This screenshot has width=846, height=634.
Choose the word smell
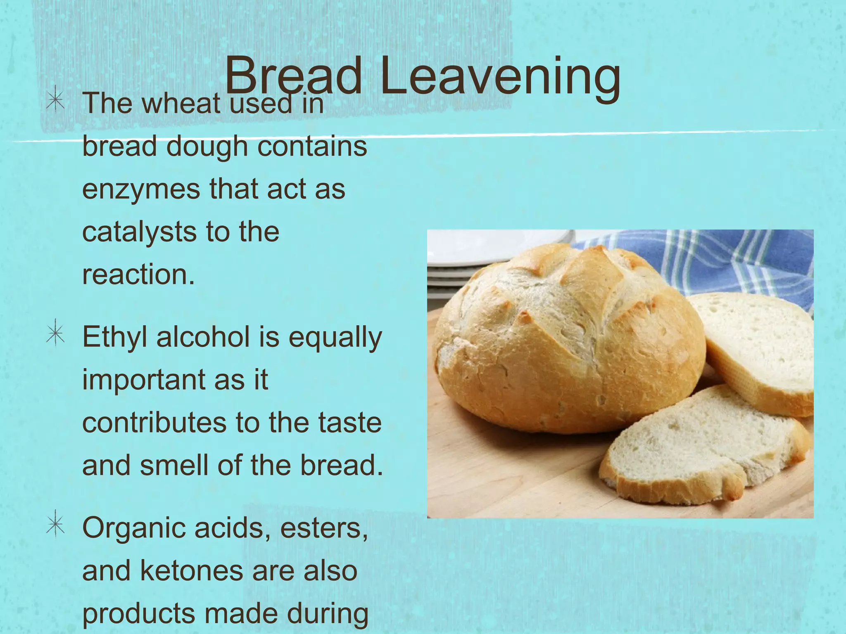click(x=174, y=465)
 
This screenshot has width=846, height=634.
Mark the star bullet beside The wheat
click(x=55, y=101)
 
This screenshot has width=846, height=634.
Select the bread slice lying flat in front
click(x=702, y=446)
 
